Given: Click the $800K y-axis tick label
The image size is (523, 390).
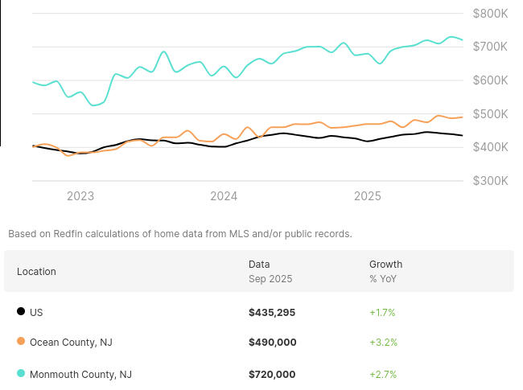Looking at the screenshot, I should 490,13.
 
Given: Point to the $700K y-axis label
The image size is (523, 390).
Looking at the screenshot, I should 490,47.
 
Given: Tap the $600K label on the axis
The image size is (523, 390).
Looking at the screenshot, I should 490,80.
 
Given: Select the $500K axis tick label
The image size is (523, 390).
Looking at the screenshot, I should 490,113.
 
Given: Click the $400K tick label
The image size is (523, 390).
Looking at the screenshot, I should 490,147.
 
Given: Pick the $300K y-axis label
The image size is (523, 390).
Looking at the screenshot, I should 490,181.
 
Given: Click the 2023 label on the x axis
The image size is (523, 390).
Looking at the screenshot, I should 80,196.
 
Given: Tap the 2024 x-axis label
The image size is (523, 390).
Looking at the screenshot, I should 224,196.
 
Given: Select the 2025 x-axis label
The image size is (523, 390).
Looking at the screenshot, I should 368,196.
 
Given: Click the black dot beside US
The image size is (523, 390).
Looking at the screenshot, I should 21,311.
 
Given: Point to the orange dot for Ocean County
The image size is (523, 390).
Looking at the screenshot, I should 21,342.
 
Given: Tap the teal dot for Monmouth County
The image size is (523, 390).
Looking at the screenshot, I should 21,373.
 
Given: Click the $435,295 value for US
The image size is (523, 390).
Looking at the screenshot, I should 272,312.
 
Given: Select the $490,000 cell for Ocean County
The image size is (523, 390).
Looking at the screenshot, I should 272,343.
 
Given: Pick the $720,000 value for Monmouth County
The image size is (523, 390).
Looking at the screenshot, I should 272,374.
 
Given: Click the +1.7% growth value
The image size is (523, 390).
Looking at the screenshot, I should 382,312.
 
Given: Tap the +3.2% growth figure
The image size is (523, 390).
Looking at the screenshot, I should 383,343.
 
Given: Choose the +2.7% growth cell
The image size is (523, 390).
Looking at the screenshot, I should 383,374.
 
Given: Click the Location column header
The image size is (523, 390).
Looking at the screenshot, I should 36,271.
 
